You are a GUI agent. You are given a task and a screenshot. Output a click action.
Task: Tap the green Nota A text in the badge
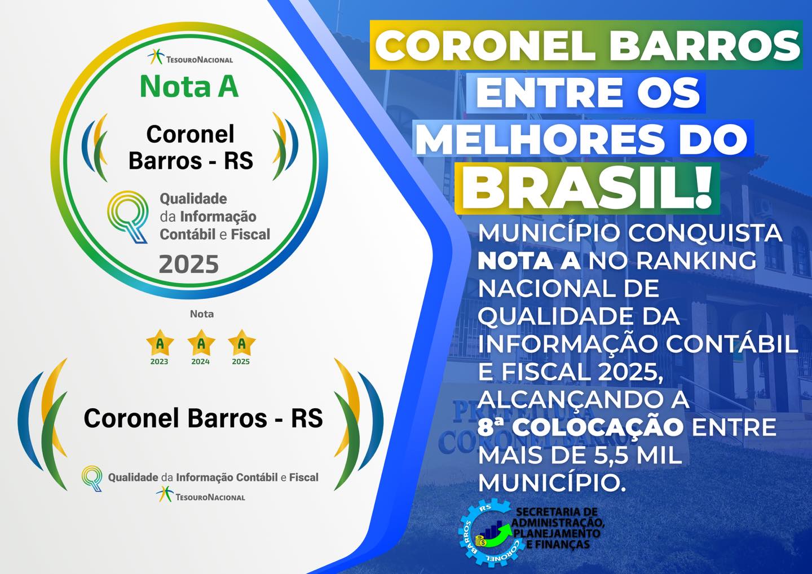189,86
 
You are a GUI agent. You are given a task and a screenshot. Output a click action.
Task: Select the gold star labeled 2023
160,342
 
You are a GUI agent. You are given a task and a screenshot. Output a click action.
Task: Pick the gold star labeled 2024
201,342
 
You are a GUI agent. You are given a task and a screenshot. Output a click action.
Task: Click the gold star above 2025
242,342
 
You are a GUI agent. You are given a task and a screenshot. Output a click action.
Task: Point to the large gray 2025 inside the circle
189,264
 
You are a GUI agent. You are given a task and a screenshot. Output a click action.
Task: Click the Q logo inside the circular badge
127,217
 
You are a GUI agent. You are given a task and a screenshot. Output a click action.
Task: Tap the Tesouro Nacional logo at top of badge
190,58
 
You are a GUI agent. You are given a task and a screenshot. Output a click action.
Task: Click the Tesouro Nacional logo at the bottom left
201,494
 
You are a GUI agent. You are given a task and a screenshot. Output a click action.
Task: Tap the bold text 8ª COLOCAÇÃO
580,427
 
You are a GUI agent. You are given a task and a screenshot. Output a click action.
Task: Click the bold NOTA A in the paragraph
529,260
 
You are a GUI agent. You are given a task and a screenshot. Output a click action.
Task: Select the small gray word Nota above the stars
202,314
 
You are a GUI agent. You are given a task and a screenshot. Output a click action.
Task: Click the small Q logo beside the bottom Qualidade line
92,478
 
